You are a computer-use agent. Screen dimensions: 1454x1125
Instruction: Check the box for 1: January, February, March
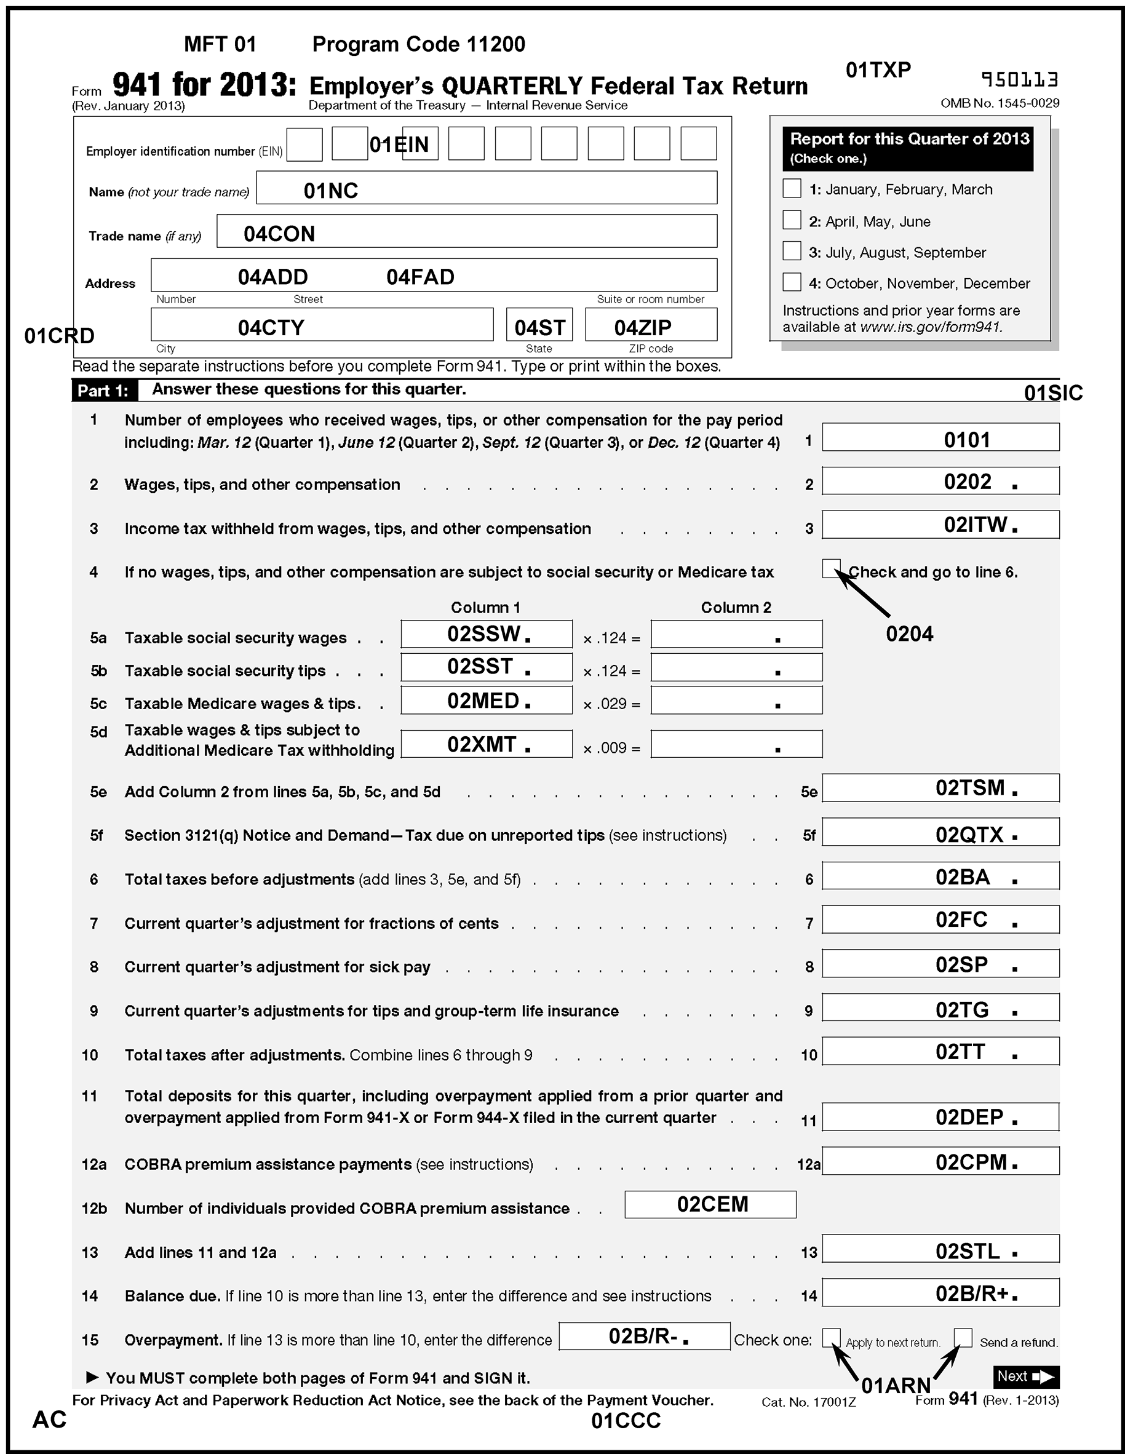pos(792,188)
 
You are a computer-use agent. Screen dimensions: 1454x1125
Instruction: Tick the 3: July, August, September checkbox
pos(792,251)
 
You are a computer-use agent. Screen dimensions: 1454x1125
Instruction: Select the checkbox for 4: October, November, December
pos(792,282)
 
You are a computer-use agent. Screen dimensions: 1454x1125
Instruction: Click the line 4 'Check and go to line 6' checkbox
pos(831,568)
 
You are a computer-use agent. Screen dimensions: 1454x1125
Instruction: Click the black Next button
pos(1026,1376)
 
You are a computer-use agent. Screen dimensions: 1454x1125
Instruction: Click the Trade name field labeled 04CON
pos(467,232)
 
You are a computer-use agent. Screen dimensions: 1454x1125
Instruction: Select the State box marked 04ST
pos(539,325)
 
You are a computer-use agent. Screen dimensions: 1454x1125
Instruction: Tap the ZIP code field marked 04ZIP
pos(650,325)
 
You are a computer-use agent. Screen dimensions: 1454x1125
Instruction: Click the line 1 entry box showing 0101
pos(940,437)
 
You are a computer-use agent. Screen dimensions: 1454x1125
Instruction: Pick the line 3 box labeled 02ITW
pos(940,525)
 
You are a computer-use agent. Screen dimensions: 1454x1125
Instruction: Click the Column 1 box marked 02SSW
pos(486,634)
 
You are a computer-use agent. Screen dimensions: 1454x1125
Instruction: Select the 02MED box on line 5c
pos(486,701)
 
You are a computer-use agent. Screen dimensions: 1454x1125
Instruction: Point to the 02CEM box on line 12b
pos(710,1204)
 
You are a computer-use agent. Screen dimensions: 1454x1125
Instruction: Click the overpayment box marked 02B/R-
pos(644,1336)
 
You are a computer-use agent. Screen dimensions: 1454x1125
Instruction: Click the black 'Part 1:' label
pos(104,391)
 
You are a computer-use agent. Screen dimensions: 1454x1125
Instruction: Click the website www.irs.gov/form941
pos(931,327)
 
